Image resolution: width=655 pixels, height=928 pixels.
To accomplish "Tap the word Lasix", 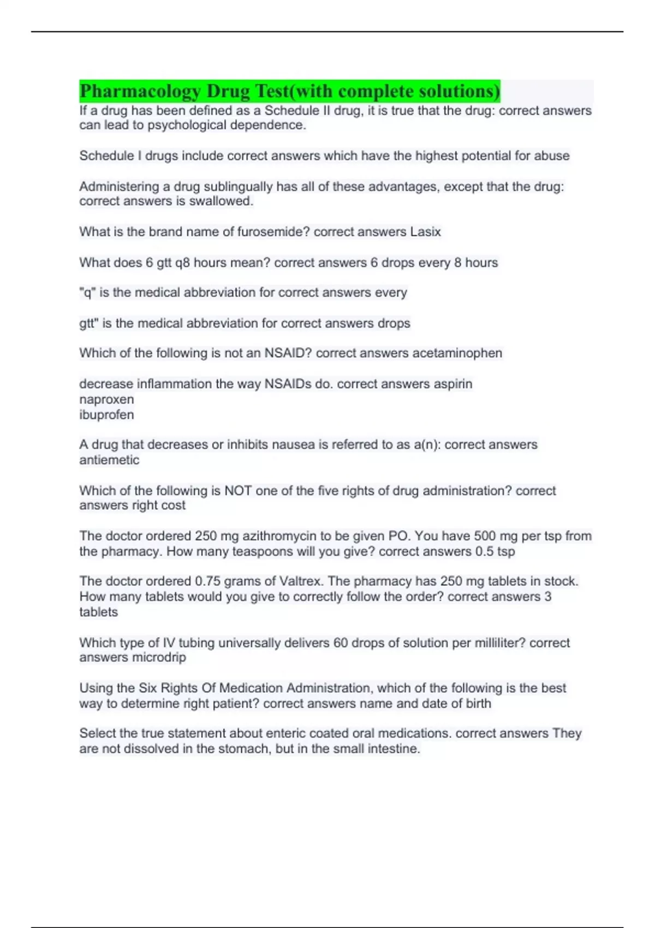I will tap(425, 232).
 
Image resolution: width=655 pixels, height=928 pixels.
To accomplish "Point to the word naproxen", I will tap(106, 400).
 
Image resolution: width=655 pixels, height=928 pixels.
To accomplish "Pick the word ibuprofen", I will tap(106, 415).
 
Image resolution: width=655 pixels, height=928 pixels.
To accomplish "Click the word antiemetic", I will tap(109, 460).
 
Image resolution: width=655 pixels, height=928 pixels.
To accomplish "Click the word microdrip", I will tap(159, 658).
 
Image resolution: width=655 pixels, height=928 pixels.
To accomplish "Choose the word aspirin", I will tap(452, 384).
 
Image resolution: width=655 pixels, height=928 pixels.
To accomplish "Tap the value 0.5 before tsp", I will tap(484, 551).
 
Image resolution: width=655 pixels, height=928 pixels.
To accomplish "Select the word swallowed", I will tap(221, 201).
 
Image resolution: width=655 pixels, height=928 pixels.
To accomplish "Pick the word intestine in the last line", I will tap(392, 749).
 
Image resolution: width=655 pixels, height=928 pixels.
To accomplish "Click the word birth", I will tap(478, 704).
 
